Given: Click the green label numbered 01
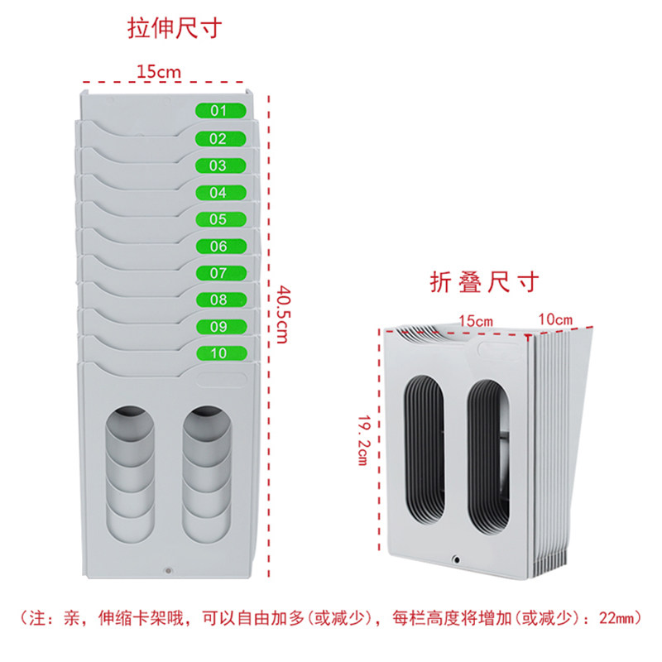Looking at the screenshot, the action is (x=220, y=111).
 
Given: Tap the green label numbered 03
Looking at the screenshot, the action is (x=220, y=165).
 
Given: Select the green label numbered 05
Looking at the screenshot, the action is (x=221, y=219).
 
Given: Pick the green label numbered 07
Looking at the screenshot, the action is (x=221, y=273).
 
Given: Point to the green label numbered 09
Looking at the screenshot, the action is (x=222, y=326).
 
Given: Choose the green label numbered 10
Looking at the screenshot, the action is (x=222, y=353).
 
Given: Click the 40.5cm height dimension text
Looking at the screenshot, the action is (x=283, y=314).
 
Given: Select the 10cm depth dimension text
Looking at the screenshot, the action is (x=555, y=319).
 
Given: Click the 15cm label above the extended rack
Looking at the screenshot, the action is (x=159, y=71).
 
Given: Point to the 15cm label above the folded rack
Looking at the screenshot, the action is (x=476, y=321).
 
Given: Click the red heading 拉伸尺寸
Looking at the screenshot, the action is (x=175, y=29).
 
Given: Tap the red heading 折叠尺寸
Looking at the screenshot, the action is (x=484, y=281).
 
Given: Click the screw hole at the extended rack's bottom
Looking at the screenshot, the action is (x=169, y=571).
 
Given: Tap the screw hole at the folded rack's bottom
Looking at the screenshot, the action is (x=457, y=560).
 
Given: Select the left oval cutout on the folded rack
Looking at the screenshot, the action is (x=425, y=450).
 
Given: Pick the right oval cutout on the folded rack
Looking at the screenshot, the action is (x=488, y=458).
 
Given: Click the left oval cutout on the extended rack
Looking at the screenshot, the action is (x=130, y=474).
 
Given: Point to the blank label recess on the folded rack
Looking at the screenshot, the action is (x=500, y=351).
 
